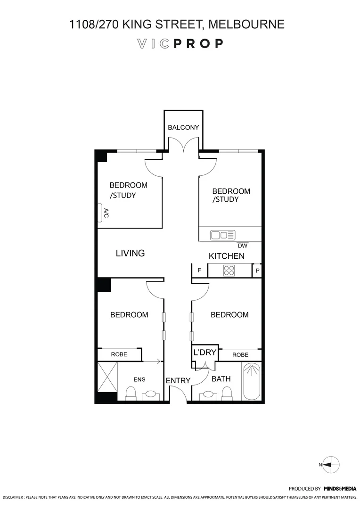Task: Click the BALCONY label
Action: click(183, 127)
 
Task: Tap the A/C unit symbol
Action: click(101, 213)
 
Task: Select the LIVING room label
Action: click(130, 253)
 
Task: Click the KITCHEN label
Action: click(227, 256)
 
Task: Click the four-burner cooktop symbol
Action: click(229, 271)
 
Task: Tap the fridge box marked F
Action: click(199, 271)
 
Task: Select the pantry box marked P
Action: click(257, 271)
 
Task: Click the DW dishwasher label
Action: click(242, 246)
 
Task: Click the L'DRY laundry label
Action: click(205, 353)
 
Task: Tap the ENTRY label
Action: click(178, 381)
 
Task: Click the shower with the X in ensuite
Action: click(106, 377)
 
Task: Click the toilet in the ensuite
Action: click(131, 393)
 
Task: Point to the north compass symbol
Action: click(332, 464)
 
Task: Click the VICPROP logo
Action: click(180, 44)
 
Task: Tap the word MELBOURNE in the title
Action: click(246, 24)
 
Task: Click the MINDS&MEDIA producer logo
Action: click(339, 489)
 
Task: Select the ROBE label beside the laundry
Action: click(240, 355)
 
